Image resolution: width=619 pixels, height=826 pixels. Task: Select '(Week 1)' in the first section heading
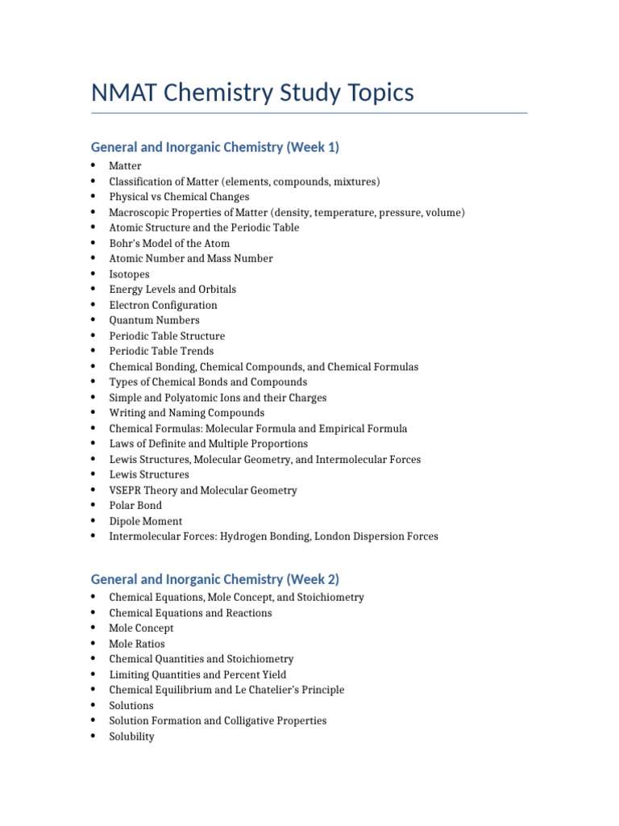click(310, 147)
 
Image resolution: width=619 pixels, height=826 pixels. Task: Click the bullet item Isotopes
click(129, 274)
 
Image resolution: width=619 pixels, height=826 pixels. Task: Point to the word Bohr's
click(126, 244)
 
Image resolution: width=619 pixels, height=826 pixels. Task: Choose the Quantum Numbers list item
click(154, 320)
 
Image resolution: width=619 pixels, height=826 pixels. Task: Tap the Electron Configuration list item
click(163, 305)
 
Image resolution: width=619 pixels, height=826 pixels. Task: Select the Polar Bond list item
click(135, 506)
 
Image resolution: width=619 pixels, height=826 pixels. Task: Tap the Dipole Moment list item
click(145, 521)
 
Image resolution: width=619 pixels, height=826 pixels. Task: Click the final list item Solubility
click(131, 736)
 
